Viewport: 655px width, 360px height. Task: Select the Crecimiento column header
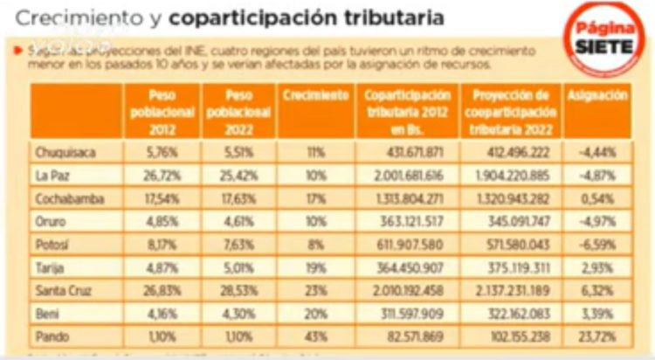316,95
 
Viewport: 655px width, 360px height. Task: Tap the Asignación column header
596,95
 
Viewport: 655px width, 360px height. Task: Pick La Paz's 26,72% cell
162,174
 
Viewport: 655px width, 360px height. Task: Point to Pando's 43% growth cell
316,335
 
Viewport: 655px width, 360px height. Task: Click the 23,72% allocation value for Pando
596,335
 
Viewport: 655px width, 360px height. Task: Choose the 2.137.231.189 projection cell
511,289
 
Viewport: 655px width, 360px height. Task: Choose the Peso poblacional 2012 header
162,111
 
